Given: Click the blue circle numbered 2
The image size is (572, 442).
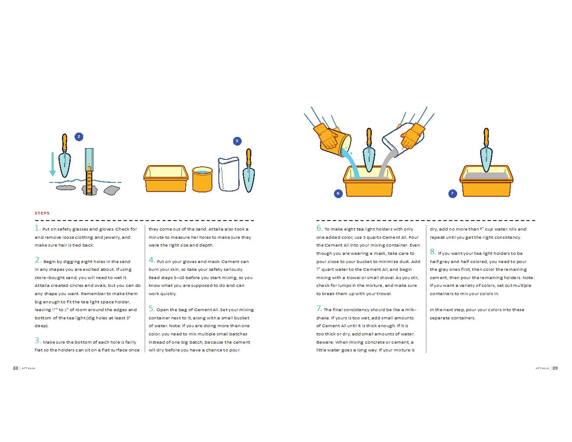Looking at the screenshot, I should coord(78,136).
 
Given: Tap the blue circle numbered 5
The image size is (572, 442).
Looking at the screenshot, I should coord(237,141).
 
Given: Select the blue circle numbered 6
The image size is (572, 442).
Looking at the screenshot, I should coord(338,193).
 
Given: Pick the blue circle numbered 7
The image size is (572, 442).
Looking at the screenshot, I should coord(452,193).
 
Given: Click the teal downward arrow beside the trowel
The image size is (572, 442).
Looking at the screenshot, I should coord(52,164).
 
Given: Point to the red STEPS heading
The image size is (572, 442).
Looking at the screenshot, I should coord(42,213).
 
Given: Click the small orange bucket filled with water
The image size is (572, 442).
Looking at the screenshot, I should coord(202,179).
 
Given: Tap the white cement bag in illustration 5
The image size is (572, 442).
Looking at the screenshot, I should coord(229,174).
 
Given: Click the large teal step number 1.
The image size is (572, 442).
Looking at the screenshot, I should coord(37,228).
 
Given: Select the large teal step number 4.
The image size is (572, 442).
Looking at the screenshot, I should coord(152,260).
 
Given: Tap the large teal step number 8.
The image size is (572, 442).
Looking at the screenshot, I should coord(432,252).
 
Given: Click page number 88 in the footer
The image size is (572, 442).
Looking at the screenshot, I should coord(16,368).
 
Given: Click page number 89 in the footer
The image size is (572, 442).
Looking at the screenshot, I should coord(555,368).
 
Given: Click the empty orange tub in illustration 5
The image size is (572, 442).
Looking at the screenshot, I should coord(166,179).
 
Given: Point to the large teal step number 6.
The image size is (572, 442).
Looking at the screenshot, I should coord(319,228).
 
